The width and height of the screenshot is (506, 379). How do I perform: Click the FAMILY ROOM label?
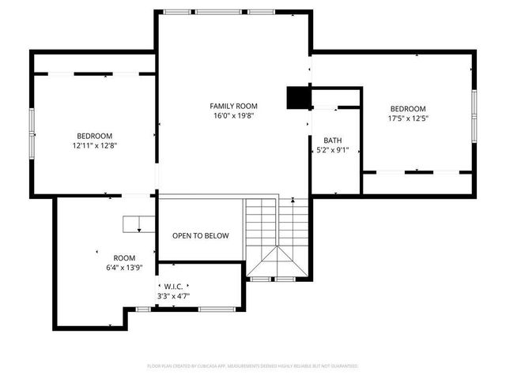coord(233,106)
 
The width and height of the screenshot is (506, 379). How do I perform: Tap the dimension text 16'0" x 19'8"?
coord(233,116)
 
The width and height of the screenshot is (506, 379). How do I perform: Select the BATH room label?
coord(332,141)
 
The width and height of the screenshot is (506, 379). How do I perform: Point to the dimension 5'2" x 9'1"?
coord(332,150)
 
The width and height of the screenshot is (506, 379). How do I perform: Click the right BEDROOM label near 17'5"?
coord(407,109)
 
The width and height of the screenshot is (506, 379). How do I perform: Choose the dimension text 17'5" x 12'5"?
coord(407,119)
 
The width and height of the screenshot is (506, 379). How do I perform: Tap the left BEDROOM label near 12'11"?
coord(94,136)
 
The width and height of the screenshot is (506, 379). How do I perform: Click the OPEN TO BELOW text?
coord(201,235)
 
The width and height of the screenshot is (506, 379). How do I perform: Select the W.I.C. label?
coord(172,286)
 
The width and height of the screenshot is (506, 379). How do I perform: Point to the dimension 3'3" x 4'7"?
coord(173,296)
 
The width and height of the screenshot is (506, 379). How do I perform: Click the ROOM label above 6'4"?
coord(124,258)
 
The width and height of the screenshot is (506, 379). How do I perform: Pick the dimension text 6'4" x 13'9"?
coord(124,268)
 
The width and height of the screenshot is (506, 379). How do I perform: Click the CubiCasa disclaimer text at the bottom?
coord(253,366)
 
